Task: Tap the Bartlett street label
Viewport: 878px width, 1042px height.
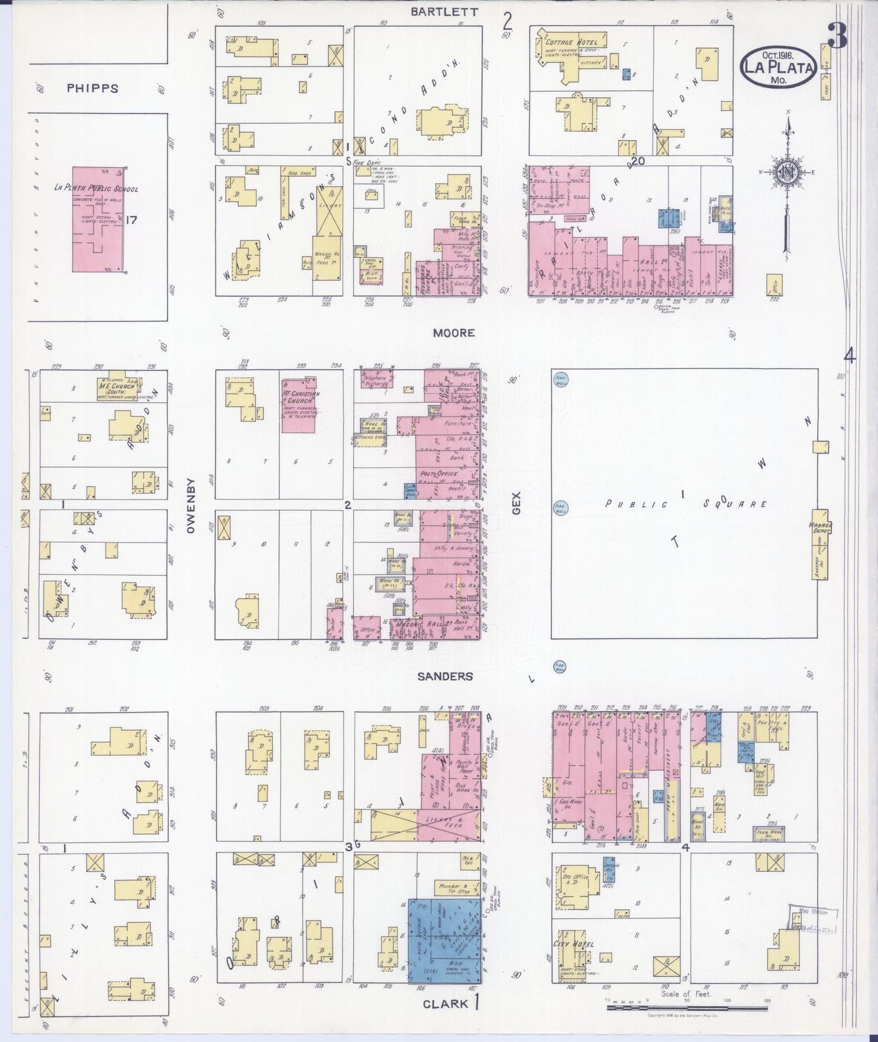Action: coord(453,11)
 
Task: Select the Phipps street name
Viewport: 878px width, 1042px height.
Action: coord(92,88)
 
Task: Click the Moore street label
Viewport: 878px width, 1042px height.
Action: coord(454,333)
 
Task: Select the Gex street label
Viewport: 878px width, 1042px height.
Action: coord(516,505)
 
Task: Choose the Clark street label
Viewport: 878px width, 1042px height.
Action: coord(446,1004)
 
